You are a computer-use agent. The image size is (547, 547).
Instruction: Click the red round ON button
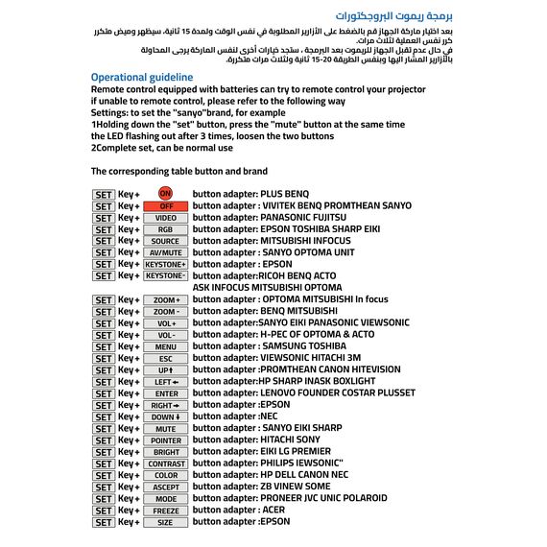pyautogui.click(x=165, y=194)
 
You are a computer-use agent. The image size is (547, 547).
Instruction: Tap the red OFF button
pyautogui.click(x=166, y=206)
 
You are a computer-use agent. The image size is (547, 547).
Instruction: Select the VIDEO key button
pyautogui.click(x=166, y=218)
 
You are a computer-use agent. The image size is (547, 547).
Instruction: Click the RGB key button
pyautogui.click(x=166, y=229)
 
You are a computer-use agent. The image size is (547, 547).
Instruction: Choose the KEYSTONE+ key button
pyautogui.click(x=166, y=264)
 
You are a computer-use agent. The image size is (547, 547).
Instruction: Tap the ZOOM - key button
pyautogui.click(x=166, y=311)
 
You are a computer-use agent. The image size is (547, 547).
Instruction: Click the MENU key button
pyautogui.click(x=166, y=346)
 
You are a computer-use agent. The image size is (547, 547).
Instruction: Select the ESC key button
pyautogui.click(x=166, y=358)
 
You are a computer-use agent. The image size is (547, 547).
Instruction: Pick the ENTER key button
pyautogui.click(x=166, y=393)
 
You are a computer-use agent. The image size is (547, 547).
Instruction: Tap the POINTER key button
pyautogui.click(x=166, y=440)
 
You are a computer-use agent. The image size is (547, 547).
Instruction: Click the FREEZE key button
pyautogui.click(x=166, y=511)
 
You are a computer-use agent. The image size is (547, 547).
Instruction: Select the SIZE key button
pyautogui.click(x=166, y=522)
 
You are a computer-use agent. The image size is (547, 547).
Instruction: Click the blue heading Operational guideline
pyautogui.click(x=142, y=77)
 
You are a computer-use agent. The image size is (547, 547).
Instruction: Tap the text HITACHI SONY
pyautogui.click(x=290, y=440)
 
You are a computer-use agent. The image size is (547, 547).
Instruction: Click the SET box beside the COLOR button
pyautogui.click(x=104, y=475)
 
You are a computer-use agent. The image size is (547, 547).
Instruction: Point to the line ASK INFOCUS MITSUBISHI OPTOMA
pyautogui.click(x=268, y=287)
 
